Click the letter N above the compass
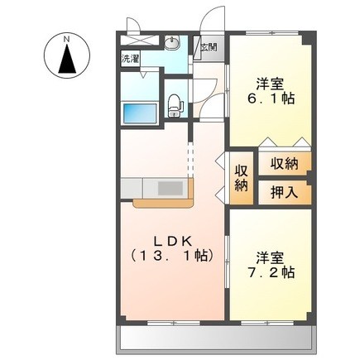click(x=66, y=39)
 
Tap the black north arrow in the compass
click(x=67, y=59)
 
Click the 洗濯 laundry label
click(x=130, y=59)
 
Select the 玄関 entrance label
click(x=209, y=47)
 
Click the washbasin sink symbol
click(x=172, y=43)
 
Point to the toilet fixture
click(x=175, y=106)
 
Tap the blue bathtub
click(x=140, y=113)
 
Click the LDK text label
click(x=173, y=242)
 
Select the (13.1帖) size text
click(x=172, y=256)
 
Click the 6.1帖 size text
click(x=271, y=98)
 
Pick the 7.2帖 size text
click(x=271, y=272)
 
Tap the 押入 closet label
click(x=284, y=192)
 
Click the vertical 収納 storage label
click(x=241, y=179)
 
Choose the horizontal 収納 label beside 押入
click(x=284, y=165)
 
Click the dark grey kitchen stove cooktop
click(x=170, y=189)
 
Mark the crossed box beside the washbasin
click(x=140, y=41)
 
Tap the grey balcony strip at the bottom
click(x=216, y=339)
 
